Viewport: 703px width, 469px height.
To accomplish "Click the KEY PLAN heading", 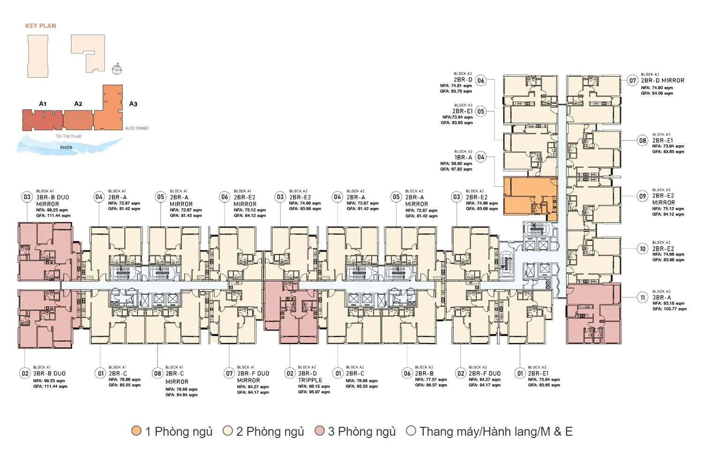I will coord(40,26).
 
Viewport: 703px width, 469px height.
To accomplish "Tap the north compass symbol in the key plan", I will coord(117,69).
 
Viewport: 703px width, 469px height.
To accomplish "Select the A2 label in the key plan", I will coord(78,104).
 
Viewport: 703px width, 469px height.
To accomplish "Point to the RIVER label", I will coord(66,147).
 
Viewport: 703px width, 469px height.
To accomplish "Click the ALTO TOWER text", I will coord(136,128).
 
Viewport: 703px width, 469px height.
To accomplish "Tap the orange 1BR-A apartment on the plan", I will coord(530,198).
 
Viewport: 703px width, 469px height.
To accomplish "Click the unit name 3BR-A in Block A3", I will coord(661,297).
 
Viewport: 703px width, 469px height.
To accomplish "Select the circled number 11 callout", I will coord(643,297).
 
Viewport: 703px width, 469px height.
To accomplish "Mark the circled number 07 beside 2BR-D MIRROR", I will coord(633,81).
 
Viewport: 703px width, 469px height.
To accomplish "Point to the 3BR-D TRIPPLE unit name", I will coord(310,377).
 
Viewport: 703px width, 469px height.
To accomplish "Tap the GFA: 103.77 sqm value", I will coord(669,309).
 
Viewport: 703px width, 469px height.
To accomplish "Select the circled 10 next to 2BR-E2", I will coord(643,249).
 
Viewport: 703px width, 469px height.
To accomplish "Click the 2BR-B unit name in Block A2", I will coord(424,374).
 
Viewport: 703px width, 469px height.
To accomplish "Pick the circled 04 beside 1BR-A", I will coord(480,158).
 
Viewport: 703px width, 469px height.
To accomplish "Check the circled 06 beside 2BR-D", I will coord(480,81).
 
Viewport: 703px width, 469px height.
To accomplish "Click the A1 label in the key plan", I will coord(43,104).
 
